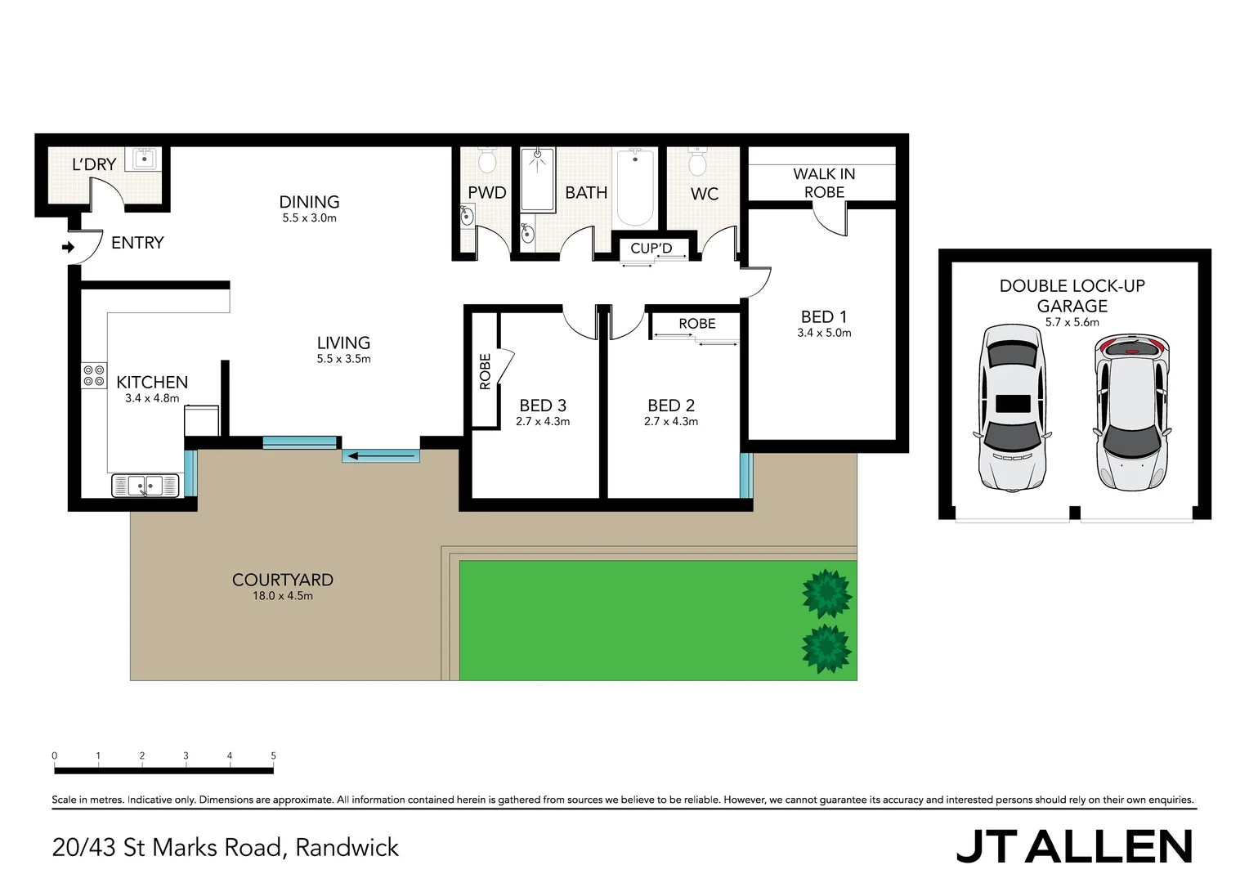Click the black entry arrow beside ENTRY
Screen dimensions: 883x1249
69,247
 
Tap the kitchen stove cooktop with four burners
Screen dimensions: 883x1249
94,376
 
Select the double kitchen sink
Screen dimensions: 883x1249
145,486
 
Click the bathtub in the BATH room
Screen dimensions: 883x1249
635,187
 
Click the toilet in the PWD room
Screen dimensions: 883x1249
487,160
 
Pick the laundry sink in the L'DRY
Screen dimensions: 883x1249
144,159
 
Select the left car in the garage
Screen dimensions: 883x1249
1012,406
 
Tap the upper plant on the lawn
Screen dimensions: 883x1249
827,594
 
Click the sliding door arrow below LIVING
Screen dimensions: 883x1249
381,455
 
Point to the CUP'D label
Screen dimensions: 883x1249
651,249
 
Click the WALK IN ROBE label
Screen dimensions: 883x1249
824,183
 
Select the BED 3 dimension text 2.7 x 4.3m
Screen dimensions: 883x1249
543,422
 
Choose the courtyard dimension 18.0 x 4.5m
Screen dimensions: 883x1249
283,596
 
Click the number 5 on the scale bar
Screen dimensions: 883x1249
273,756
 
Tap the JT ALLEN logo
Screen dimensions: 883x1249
1074,847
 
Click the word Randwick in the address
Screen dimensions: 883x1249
347,848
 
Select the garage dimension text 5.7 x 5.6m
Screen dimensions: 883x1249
1072,322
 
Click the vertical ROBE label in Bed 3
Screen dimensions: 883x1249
486,371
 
